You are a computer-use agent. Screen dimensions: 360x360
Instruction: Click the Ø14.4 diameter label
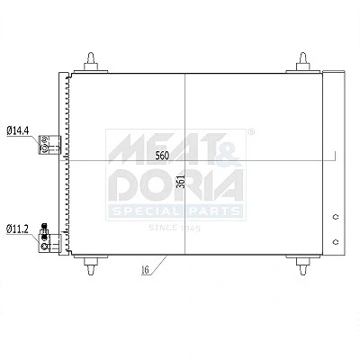(18, 130)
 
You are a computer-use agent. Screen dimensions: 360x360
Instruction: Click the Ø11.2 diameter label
(18, 229)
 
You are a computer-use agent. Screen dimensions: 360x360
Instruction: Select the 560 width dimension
(162, 156)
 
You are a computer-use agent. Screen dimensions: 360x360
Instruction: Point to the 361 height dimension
(180, 181)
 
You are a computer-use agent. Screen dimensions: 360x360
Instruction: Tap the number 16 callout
(145, 270)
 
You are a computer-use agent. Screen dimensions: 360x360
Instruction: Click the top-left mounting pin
(91, 62)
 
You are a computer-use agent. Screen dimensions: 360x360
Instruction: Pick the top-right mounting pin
(303, 62)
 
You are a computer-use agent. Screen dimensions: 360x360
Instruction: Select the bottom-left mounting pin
(91, 265)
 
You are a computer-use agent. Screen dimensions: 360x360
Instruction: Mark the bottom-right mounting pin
(303, 265)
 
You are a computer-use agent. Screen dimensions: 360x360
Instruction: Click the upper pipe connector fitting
(49, 145)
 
